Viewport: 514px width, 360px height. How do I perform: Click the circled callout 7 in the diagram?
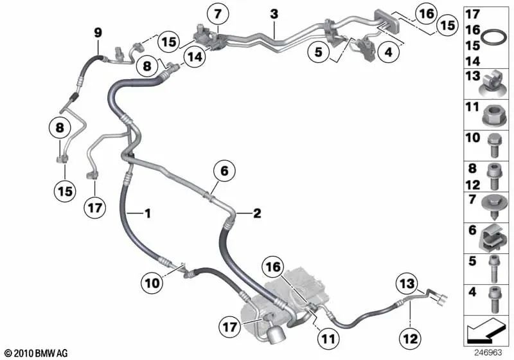coord(217,14)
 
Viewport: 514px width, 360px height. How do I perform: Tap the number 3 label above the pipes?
coord(274,14)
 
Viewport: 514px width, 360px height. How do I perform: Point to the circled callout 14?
coord(193,56)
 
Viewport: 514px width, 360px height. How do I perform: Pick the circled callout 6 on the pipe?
coord(224,172)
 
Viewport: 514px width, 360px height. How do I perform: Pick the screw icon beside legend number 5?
coord(493,269)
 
